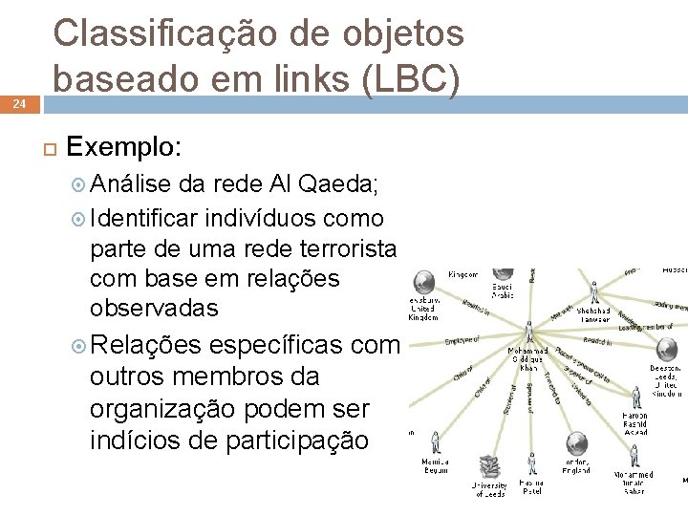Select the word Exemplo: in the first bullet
124,147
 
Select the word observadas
154,308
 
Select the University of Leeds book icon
491,467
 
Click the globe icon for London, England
575,442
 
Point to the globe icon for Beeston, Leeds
666,351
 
